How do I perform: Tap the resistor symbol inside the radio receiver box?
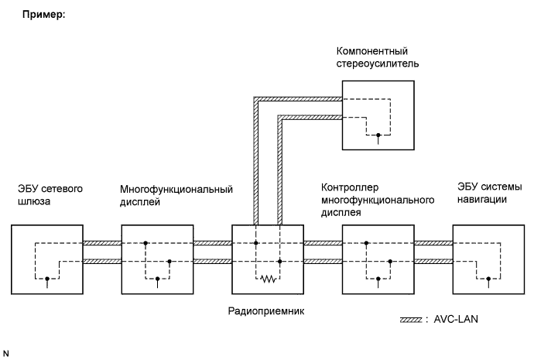[x=268, y=278]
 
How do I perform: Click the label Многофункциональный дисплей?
[x=176, y=194]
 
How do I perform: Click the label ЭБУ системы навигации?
[x=489, y=194]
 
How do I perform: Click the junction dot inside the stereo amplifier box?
[x=378, y=135]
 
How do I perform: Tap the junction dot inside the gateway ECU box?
[x=47, y=278]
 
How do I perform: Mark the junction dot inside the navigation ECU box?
[x=488, y=278]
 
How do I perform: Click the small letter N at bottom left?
[x=5, y=353]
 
